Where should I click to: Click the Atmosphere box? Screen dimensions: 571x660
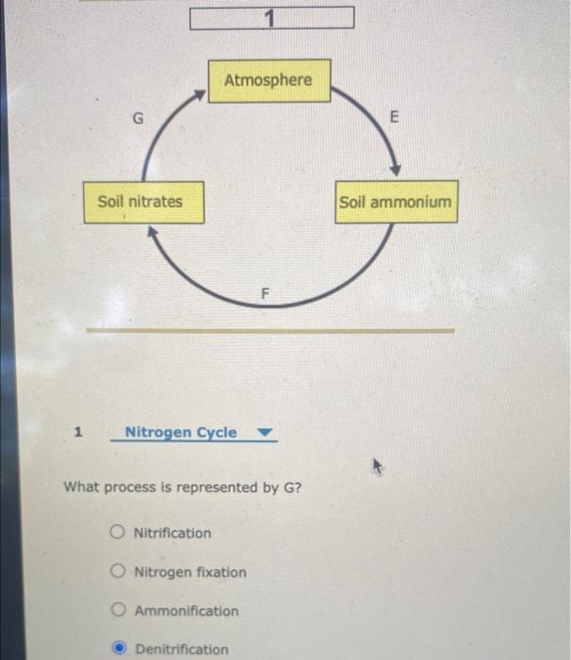pos(269,81)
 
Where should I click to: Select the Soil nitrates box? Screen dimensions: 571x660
pos(143,202)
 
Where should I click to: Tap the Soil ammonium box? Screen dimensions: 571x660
pos(396,202)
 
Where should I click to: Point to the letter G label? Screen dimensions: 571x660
pos(139,119)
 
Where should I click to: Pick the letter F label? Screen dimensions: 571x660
pos(266,294)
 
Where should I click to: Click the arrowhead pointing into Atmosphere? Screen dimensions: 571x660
pos(199,95)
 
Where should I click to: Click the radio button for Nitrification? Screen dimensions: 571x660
pos(118,533)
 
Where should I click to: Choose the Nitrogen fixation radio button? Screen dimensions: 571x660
pos(118,571)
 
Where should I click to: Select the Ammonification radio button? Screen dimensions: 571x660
pos(118,610)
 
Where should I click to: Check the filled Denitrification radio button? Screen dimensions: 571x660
pos(119,649)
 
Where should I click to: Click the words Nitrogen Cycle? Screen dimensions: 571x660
pos(181,433)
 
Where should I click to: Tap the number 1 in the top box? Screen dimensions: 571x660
pos(270,18)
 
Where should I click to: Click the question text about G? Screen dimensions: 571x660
pos(182,487)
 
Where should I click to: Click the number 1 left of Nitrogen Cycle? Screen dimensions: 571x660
pos(78,433)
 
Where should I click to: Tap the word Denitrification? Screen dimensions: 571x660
pos(182,649)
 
